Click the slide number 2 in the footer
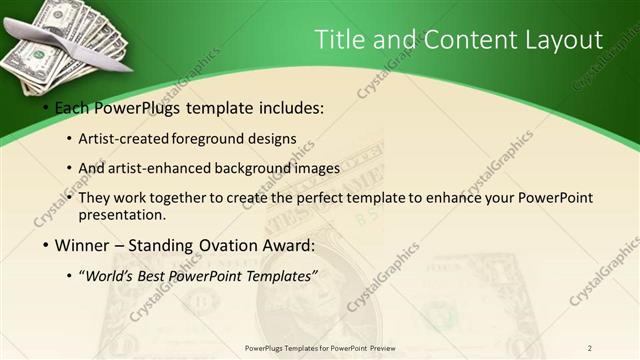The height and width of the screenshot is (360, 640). point(590,348)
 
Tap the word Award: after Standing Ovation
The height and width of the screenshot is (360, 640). point(289,246)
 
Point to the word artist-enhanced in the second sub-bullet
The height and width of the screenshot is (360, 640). point(171,168)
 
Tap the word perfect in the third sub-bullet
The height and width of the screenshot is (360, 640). point(331,198)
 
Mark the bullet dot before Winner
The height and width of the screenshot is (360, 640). point(46,246)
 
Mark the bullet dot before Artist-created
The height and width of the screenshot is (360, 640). point(70,139)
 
